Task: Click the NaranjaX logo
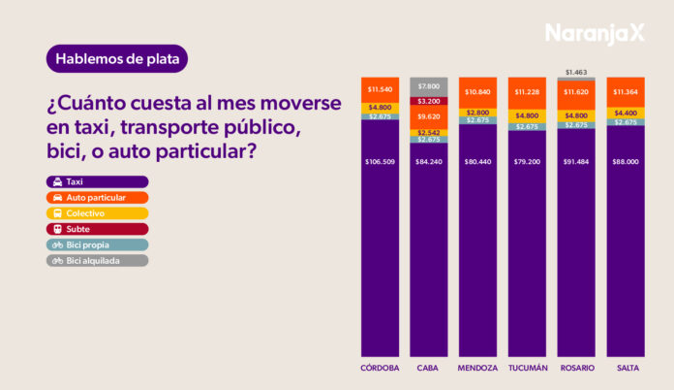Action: tap(594, 33)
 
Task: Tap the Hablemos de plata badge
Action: tap(116, 58)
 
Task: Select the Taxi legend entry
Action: tap(97, 181)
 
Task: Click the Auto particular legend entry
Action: tap(97, 197)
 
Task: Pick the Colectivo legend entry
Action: tap(97, 212)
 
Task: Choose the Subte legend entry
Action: tap(97, 229)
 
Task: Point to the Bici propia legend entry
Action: tap(97, 244)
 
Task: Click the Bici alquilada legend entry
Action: tap(97, 260)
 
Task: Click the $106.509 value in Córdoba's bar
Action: tap(380, 162)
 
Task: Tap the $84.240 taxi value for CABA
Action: tap(428, 162)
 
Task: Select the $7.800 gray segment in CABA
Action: tap(428, 86)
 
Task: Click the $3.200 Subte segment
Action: tap(428, 101)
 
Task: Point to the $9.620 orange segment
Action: tap(428, 116)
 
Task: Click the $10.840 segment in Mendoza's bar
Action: tap(477, 92)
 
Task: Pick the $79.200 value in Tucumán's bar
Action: tap(527, 162)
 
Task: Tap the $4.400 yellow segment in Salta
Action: tap(626, 114)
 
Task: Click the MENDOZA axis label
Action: tap(477, 369)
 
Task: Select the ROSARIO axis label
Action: tap(576, 369)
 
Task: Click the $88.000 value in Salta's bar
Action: tap(626, 162)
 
